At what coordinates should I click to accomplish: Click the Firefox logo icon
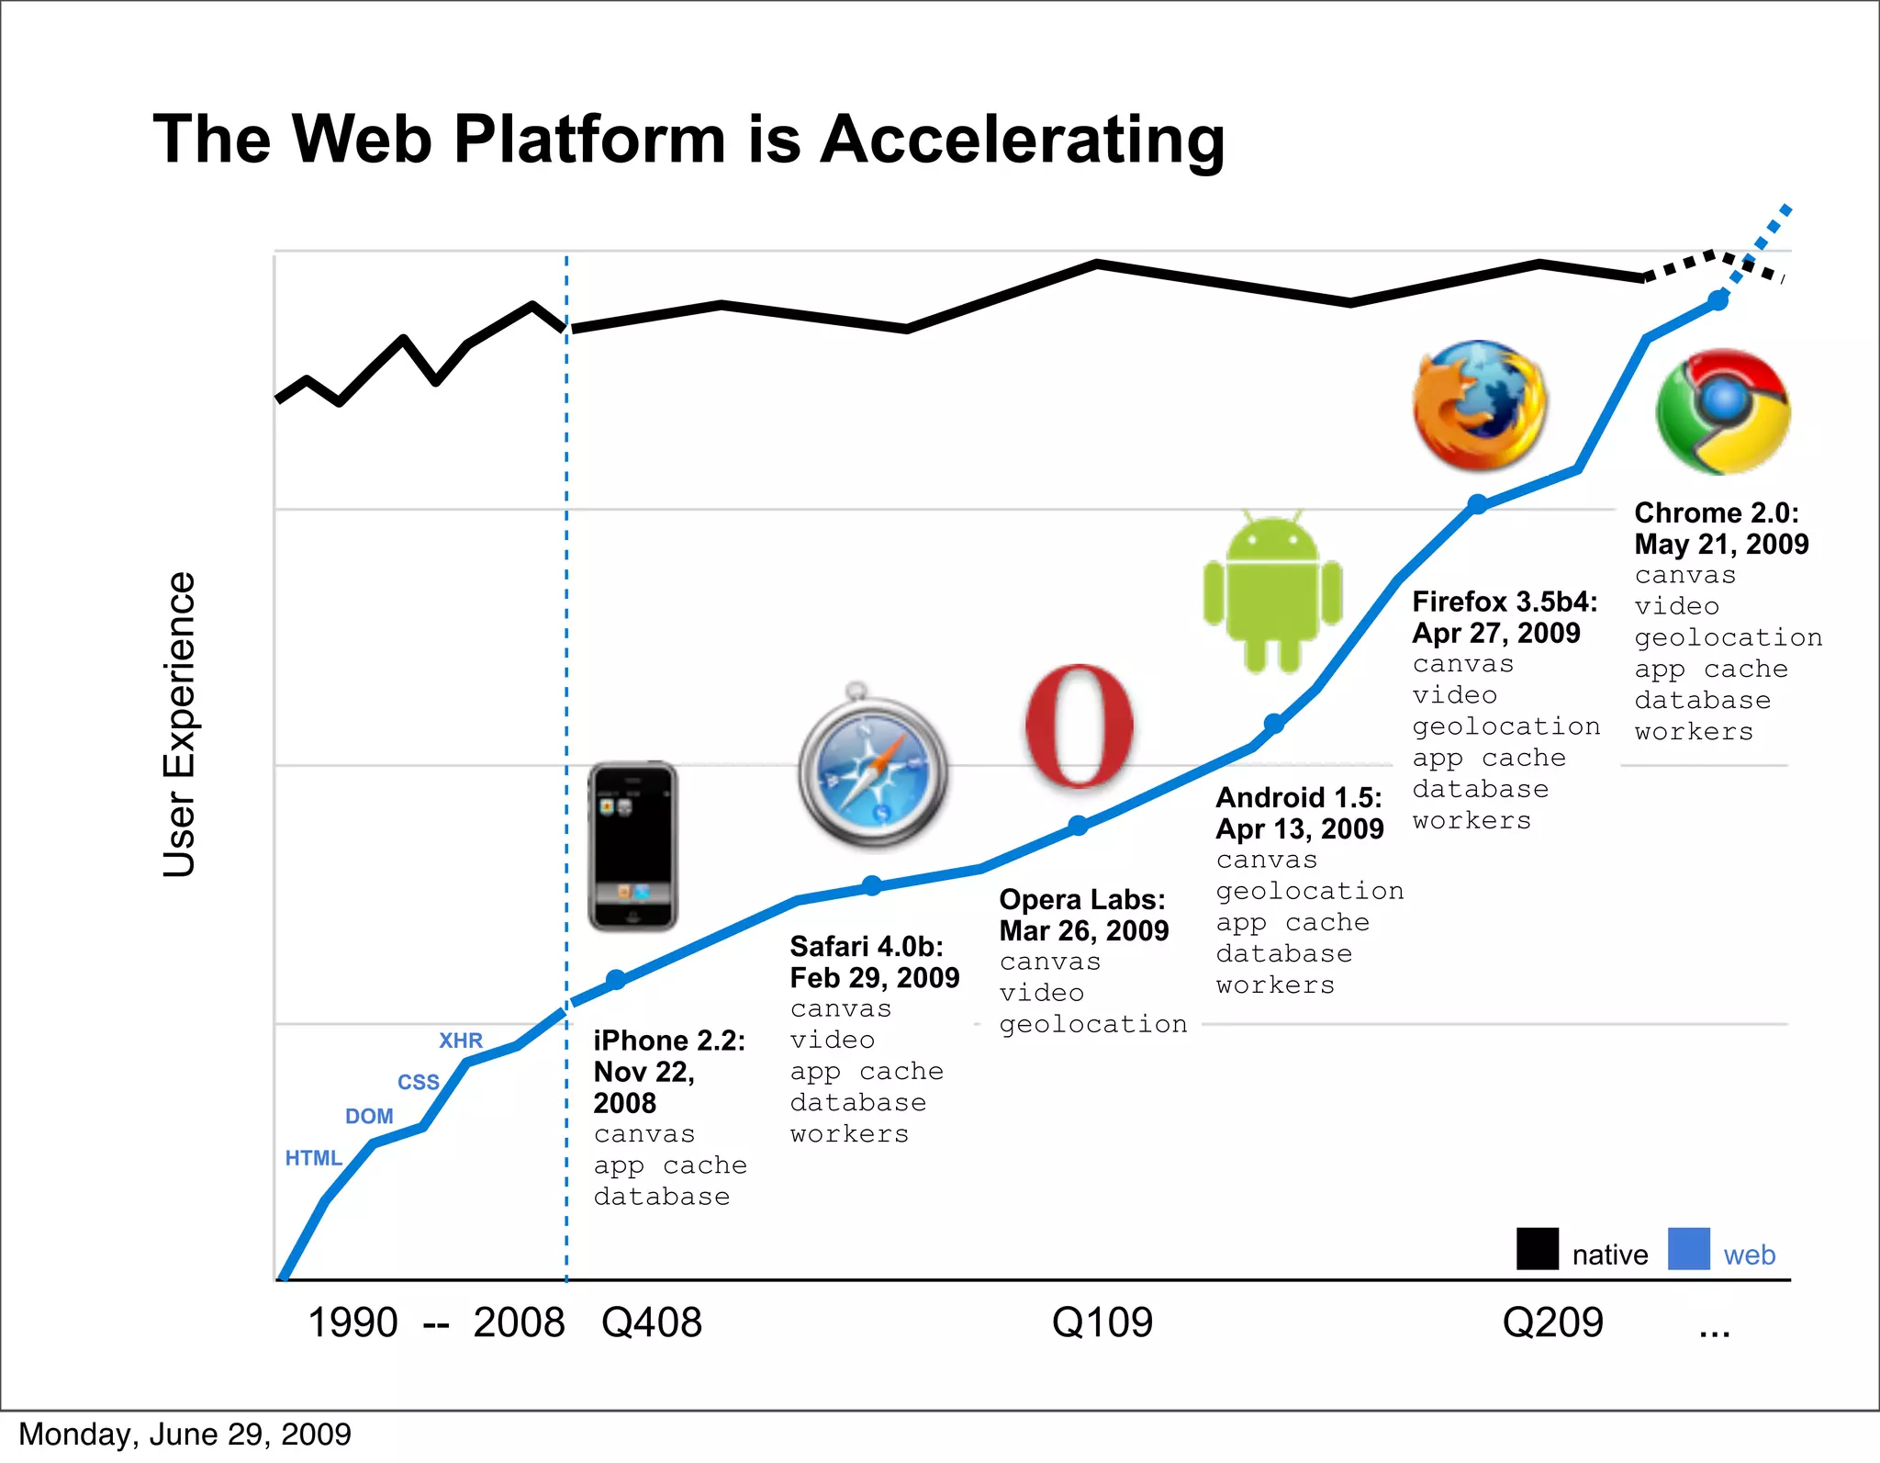pyautogui.click(x=1480, y=405)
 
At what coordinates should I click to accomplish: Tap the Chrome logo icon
pyautogui.click(x=1723, y=411)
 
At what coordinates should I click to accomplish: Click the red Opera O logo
pyautogui.click(x=1080, y=726)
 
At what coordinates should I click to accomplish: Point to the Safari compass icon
pyautogui.click(x=872, y=770)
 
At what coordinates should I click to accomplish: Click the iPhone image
pyautogui.click(x=632, y=846)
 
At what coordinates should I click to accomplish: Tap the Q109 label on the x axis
pyautogui.click(x=1102, y=1322)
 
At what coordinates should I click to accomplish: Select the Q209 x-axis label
pyautogui.click(x=1552, y=1322)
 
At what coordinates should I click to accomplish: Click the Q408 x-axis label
pyautogui.click(x=651, y=1322)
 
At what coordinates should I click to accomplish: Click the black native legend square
pyautogui.click(x=1537, y=1249)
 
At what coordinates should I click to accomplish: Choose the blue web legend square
pyautogui.click(x=1688, y=1249)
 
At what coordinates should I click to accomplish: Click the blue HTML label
pyautogui.click(x=313, y=1158)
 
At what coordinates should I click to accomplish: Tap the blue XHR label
pyautogui.click(x=460, y=1041)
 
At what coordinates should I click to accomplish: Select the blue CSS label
pyautogui.click(x=418, y=1082)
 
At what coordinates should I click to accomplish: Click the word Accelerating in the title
pyautogui.click(x=1022, y=140)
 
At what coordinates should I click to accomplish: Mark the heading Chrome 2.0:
pyautogui.click(x=1716, y=512)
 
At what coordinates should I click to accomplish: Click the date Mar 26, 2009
pyautogui.click(x=1083, y=931)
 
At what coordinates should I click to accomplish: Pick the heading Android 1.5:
pyautogui.click(x=1298, y=797)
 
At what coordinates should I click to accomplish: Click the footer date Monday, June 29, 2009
pyautogui.click(x=185, y=1435)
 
